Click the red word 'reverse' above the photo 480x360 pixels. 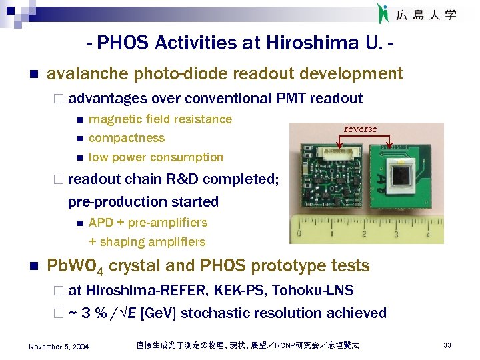coord(360,129)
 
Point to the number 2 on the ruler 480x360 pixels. coord(363,234)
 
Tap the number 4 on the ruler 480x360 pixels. coord(428,234)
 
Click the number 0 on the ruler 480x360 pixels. coord(299,234)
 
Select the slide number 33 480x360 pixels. coord(447,345)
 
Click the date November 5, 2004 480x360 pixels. coord(59,346)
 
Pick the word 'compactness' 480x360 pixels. coord(127,138)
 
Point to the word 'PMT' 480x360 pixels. coord(289,99)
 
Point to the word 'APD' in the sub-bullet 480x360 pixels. coord(101,223)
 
